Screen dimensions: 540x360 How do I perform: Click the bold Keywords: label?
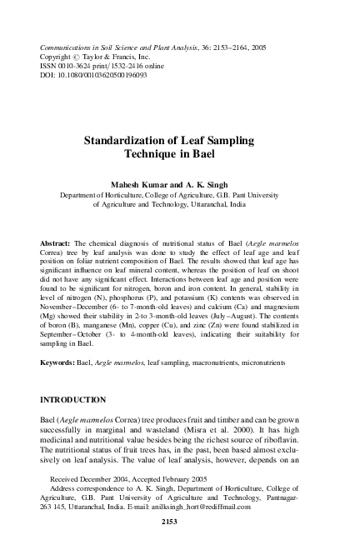[x=60, y=363]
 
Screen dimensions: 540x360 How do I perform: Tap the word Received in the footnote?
[x=67, y=482]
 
